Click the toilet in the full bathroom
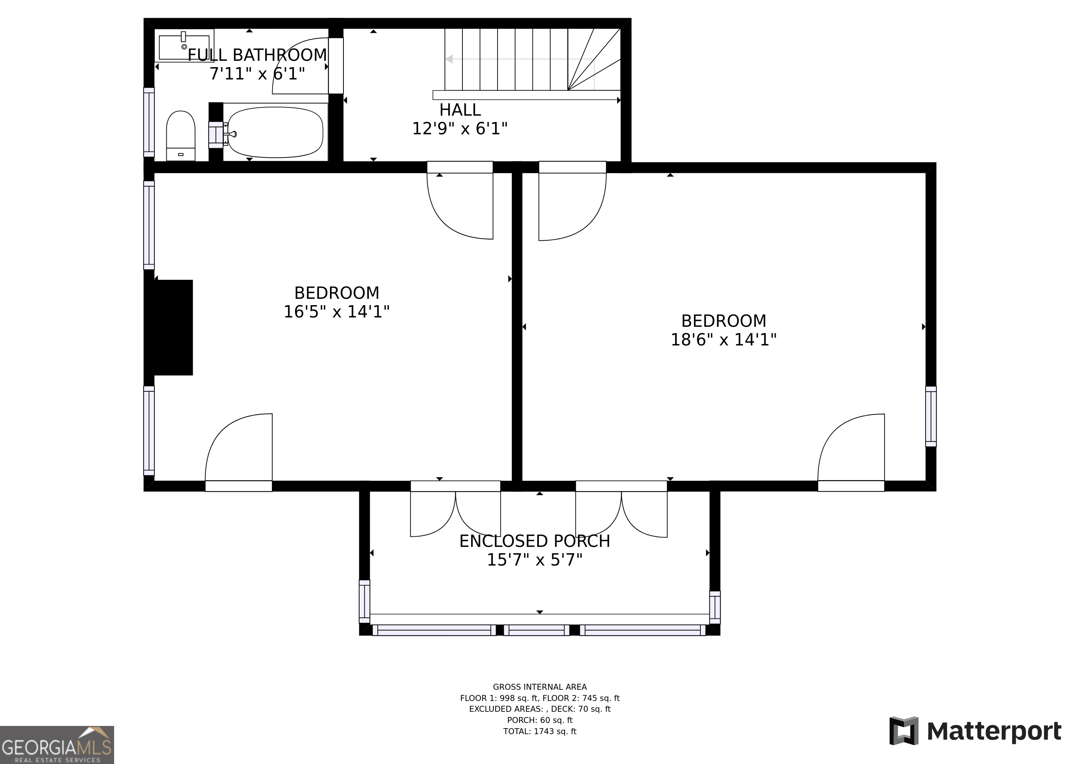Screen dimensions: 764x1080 (x=180, y=135)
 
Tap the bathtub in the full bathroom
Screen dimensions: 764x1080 (x=275, y=132)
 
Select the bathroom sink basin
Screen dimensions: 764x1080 (x=184, y=47)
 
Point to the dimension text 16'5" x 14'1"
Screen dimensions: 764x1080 (x=336, y=311)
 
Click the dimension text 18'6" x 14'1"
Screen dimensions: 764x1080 (x=723, y=340)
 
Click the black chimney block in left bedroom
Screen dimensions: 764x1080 (x=173, y=328)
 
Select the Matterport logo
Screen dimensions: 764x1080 (x=975, y=731)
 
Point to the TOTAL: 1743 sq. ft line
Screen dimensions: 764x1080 (x=540, y=731)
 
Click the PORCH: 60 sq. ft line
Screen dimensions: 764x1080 (x=540, y=720)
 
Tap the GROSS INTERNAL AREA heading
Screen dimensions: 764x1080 (x=540, y=687)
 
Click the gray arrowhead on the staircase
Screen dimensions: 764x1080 (x=449, y=59)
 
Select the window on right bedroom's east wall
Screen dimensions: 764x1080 (x=930, y=416)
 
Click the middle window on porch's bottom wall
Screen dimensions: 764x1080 (x=536, y=630)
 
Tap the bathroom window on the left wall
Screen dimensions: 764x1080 (x=149, y=122)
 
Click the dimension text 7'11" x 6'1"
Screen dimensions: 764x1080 (x=257, y=74)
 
